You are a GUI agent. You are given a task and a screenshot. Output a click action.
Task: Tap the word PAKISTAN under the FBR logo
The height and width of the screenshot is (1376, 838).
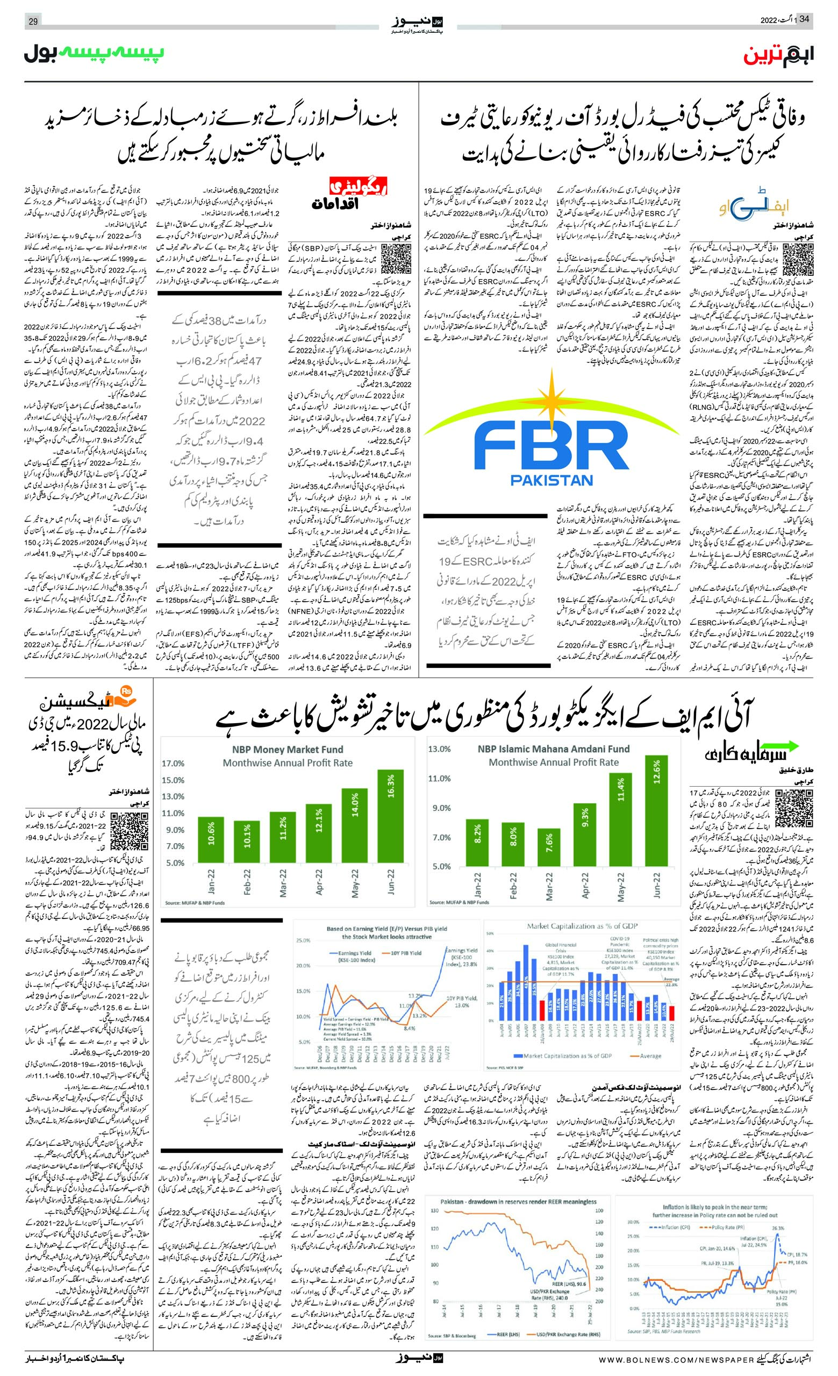pos(552,479)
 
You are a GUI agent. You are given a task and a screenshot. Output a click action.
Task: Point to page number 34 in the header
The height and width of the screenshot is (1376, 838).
pos(805,19)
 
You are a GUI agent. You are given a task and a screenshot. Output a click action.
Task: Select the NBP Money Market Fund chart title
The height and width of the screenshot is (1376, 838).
pos(288,750)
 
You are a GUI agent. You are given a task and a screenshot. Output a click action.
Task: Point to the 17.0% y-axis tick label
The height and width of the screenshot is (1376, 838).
pos(173,764)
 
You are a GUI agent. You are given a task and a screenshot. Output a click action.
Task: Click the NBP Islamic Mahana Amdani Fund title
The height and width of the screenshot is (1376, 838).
pos(553,749)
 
